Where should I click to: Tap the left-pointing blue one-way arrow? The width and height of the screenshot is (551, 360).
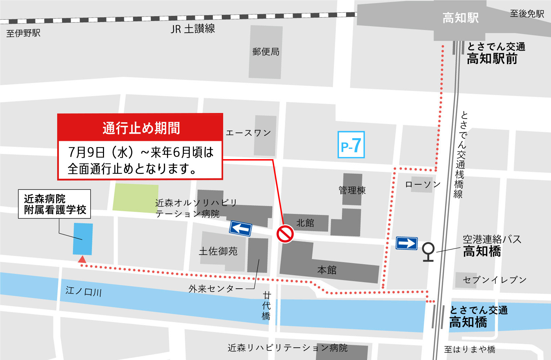pyautogui.click(x=241, y=228)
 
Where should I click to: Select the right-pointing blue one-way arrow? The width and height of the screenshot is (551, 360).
pyautogui.click(x=407, y=243)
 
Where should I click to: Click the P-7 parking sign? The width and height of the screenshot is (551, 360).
pyautogui.click(x=351, y=145)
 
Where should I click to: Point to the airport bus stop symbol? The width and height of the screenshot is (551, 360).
pyautogui.click(x=428, y=252)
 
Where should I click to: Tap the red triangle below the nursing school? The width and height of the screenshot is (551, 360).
pyautogui.click(x=82, y=259)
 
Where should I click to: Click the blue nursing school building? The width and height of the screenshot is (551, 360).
pyautogui.click(x=83, y=239)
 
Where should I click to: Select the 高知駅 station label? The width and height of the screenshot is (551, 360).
pyautogui.click(x=460, y=18)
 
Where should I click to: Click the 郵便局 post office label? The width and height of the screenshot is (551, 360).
pyautogui.click(x=266, y=52)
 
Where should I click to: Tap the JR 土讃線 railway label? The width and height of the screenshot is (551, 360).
pyautogui.click(x=193, y=29)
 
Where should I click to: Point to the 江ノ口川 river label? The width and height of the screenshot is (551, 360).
pyautogui.click(x=84, y=291)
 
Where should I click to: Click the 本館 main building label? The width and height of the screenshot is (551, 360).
pyautogui.click(x=326, y=270)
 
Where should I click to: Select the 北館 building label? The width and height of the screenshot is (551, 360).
pyautogui.click(x=305, y=223)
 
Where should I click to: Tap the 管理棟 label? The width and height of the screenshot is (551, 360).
pyautogui.click(x=352, y=190)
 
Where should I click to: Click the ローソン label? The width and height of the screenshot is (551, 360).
pyautogui.click(x=423, y=184)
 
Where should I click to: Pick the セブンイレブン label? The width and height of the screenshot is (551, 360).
pyautogui.click(x=495, y=280)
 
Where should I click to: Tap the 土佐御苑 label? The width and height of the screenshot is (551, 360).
pyautogui.click(x=218, y=251)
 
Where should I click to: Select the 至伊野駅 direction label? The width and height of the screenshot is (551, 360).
pyautogui.click(x=23, y=33)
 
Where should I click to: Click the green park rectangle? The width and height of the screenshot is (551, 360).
pyautogui.click(x=135, y=198)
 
